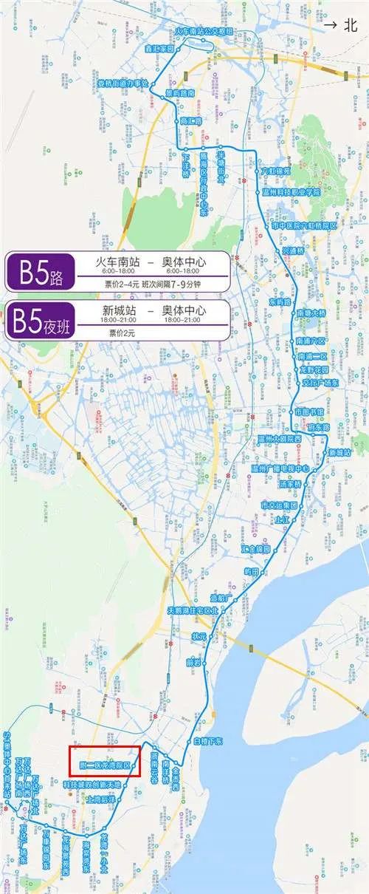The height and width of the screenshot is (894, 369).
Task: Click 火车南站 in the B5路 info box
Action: click(x=117, y=263)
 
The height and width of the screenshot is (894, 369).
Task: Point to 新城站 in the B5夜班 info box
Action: click(x=118, y=310)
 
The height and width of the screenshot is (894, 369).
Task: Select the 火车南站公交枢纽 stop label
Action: click(x=204, y=32)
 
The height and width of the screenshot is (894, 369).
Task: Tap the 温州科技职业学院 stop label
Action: click(x=292, y=191)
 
